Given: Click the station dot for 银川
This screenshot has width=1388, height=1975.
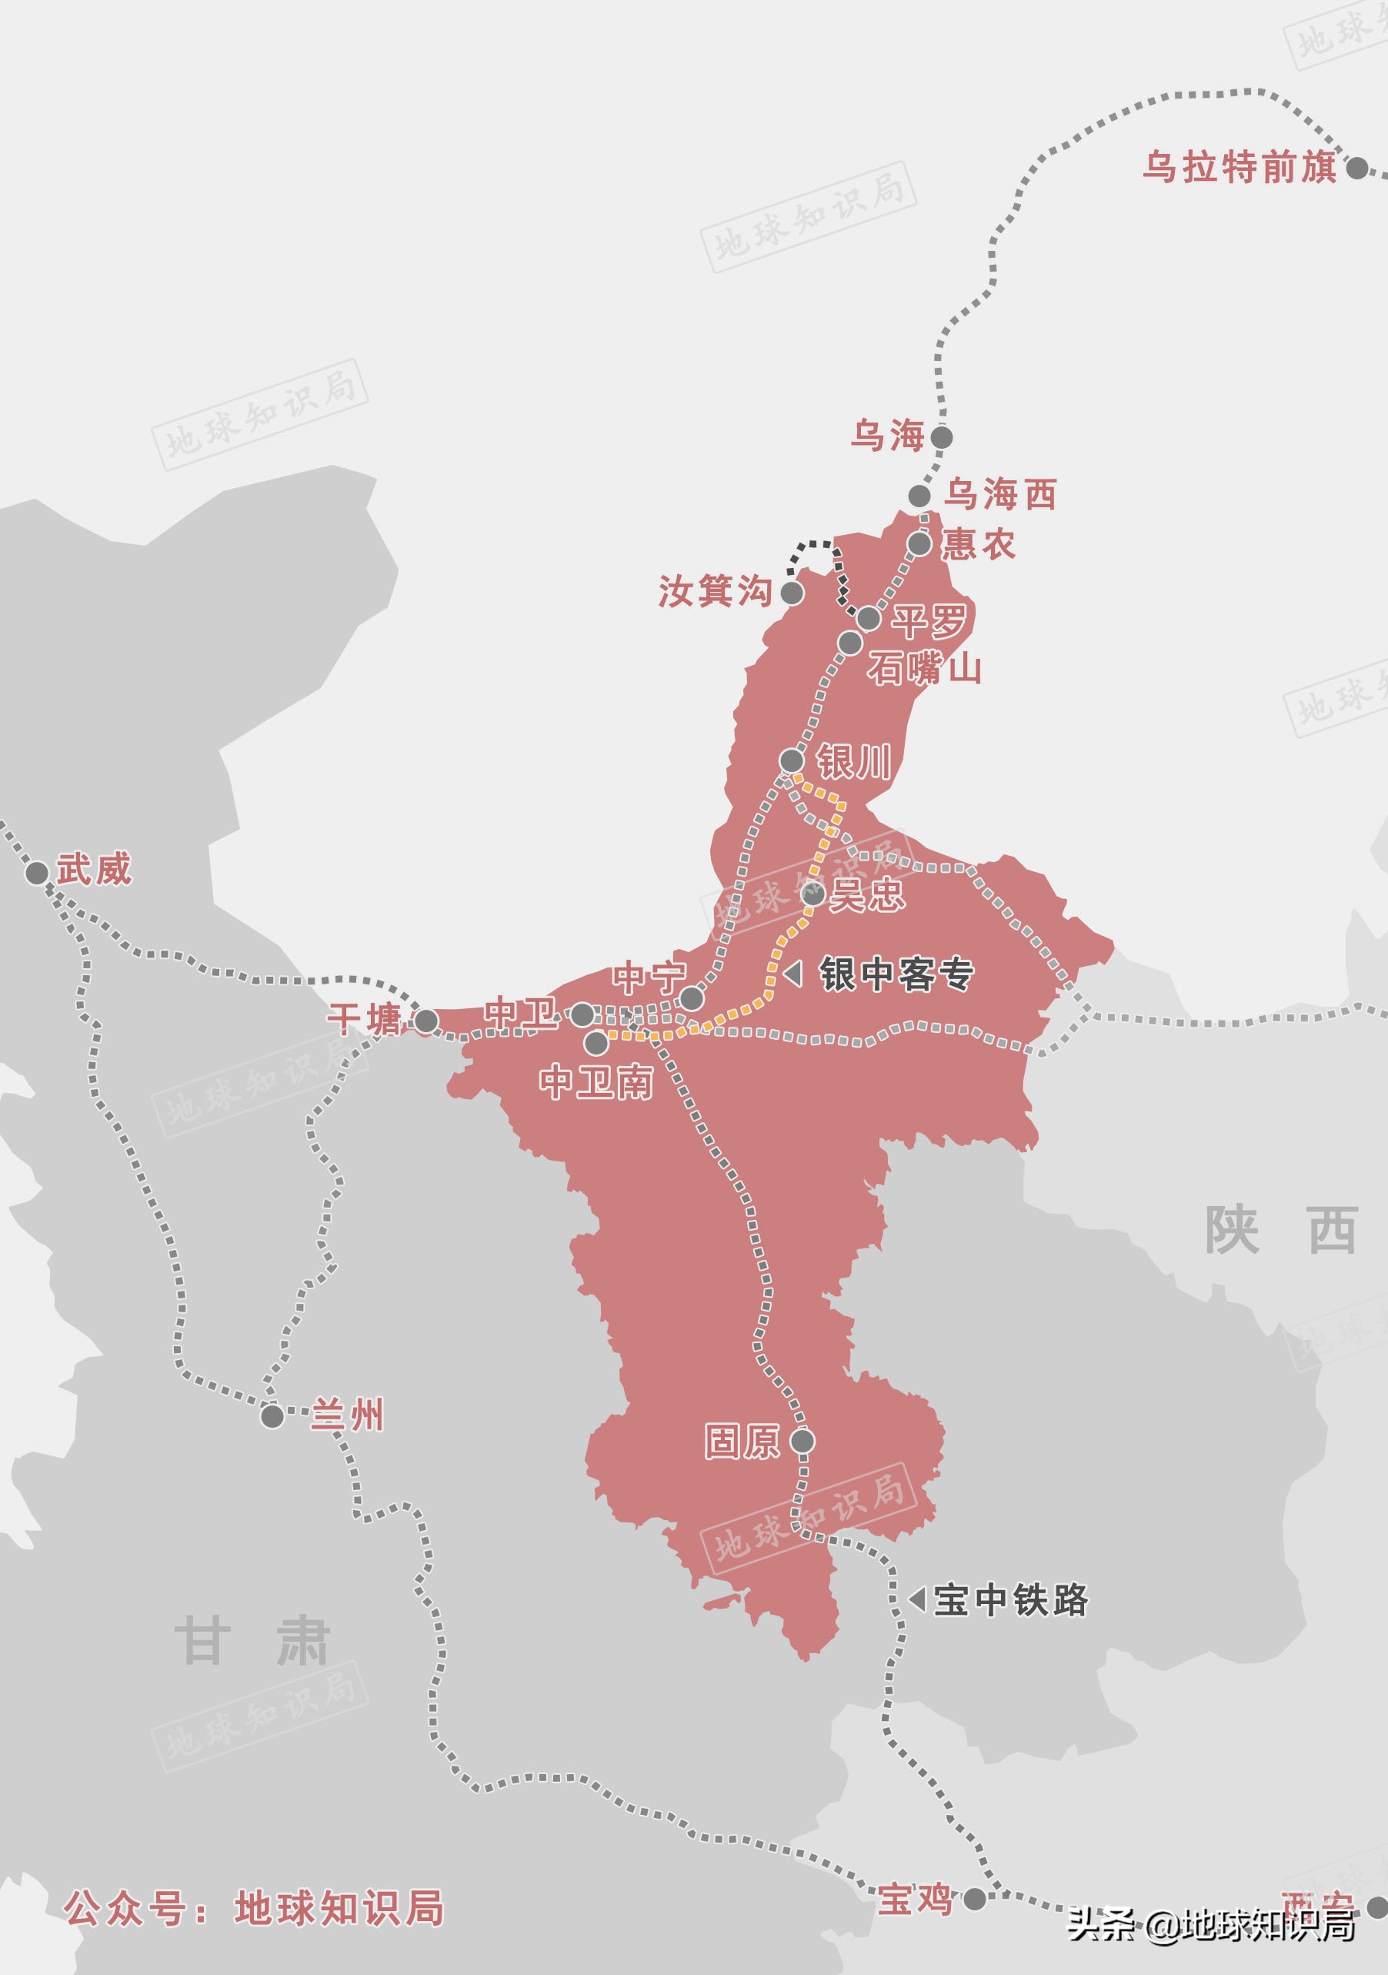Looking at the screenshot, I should pos(791,760).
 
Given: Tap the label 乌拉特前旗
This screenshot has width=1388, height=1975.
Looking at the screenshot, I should pos(1240,167).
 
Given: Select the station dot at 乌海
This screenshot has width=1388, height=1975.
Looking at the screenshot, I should pos(942,437).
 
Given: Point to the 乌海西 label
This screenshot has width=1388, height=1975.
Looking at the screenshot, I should pos(1000,496).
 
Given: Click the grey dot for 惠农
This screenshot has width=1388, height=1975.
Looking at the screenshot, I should pos(919,543).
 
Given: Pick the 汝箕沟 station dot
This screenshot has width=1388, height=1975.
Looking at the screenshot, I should pos(791,593).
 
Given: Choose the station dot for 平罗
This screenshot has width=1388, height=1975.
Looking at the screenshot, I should pos(869,617).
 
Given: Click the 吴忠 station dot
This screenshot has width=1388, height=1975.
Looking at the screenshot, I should pos(812,894).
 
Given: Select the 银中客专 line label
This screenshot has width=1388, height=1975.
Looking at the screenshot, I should pos(896,974).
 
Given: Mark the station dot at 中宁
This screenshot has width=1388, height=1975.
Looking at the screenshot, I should pos(692,999).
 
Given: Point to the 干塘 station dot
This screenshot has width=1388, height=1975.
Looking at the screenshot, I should pos(426,1021).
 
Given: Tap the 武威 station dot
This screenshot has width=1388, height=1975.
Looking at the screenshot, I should pos(36,873).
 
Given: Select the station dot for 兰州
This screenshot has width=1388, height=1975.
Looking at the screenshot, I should pos(272,1416).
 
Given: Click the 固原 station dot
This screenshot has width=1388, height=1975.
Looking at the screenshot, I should pos(802,1441).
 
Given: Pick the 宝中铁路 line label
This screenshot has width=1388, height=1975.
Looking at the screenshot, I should pos(1010,1599).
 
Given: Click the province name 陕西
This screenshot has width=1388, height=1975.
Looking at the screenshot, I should pos(1280,1231).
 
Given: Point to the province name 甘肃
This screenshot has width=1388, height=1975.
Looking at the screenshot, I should pos(251,1641).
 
